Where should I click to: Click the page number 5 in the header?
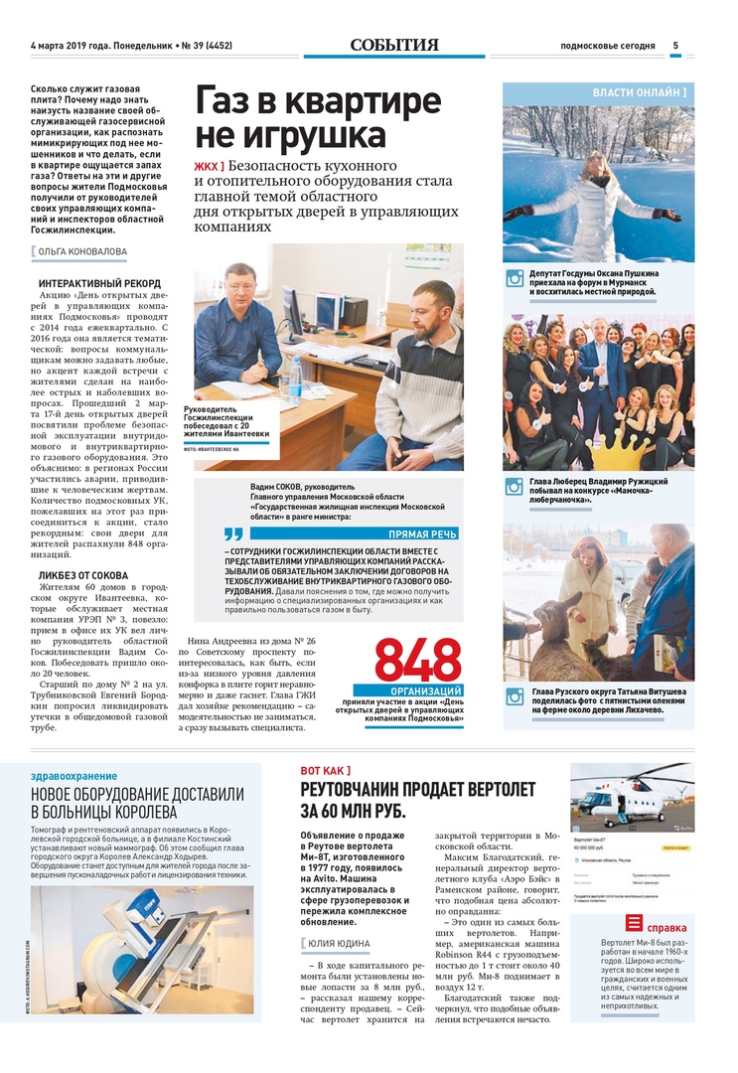[x=675, y=45]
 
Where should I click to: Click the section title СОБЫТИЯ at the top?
[x=394, y=45]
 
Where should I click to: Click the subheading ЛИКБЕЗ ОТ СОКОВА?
[x=83, y=574]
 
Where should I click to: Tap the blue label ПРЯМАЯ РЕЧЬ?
[x=422, y=534]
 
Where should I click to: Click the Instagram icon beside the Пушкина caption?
[x=515, y=279]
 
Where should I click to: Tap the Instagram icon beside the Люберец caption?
[x=515, y=486]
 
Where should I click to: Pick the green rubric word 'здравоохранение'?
[x=74, y=776]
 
